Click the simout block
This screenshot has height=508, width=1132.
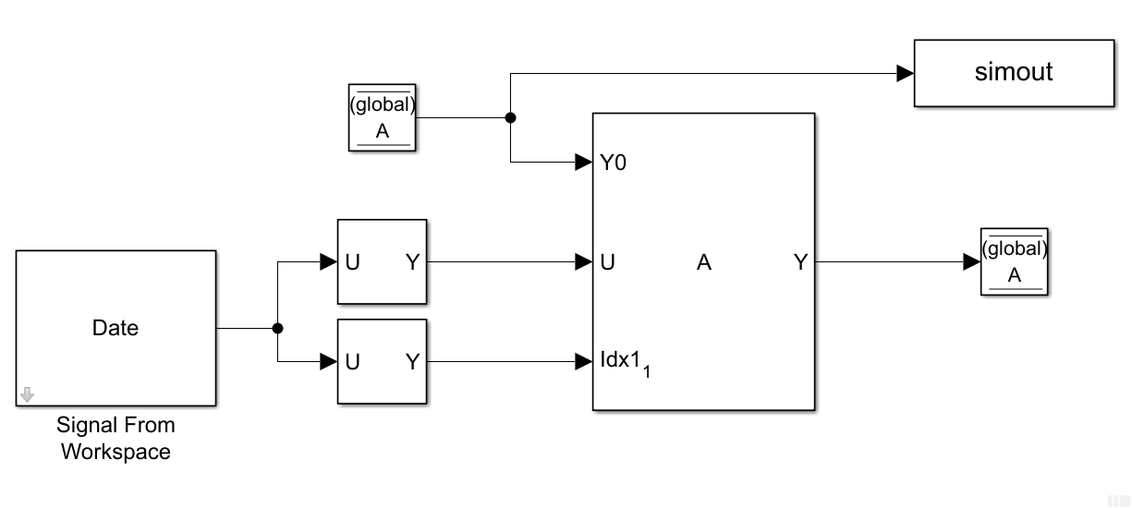click(1014, 73)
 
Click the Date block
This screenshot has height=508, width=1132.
click(116, 328)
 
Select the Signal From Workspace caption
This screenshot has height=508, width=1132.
click(116, 439)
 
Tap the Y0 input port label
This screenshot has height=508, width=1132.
click(614, 163)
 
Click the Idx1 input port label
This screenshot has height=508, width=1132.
click(620, 360)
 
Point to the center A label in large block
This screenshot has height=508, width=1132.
click(704, 263)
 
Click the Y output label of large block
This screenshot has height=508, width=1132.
click(800, 263)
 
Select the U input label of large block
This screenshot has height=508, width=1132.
click(607, 263)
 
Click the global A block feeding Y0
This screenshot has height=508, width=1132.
click(383, 118)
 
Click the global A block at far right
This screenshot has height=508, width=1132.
click(1014, 262)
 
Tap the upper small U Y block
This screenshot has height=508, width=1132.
click(382, 262)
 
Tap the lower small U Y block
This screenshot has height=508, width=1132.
click(382, 362)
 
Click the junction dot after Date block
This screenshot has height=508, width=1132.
click(277, 328)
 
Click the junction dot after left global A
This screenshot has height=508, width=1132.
click(510, 118)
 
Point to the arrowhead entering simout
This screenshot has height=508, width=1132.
click(905, 74)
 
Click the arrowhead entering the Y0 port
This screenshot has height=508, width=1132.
click(583, 163)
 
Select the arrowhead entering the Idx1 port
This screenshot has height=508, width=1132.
click(583, 361)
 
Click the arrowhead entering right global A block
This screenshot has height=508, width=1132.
click(971, 262)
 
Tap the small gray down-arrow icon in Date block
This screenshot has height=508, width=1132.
click(27, 394)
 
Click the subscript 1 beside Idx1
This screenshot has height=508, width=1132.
click(647, 372)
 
